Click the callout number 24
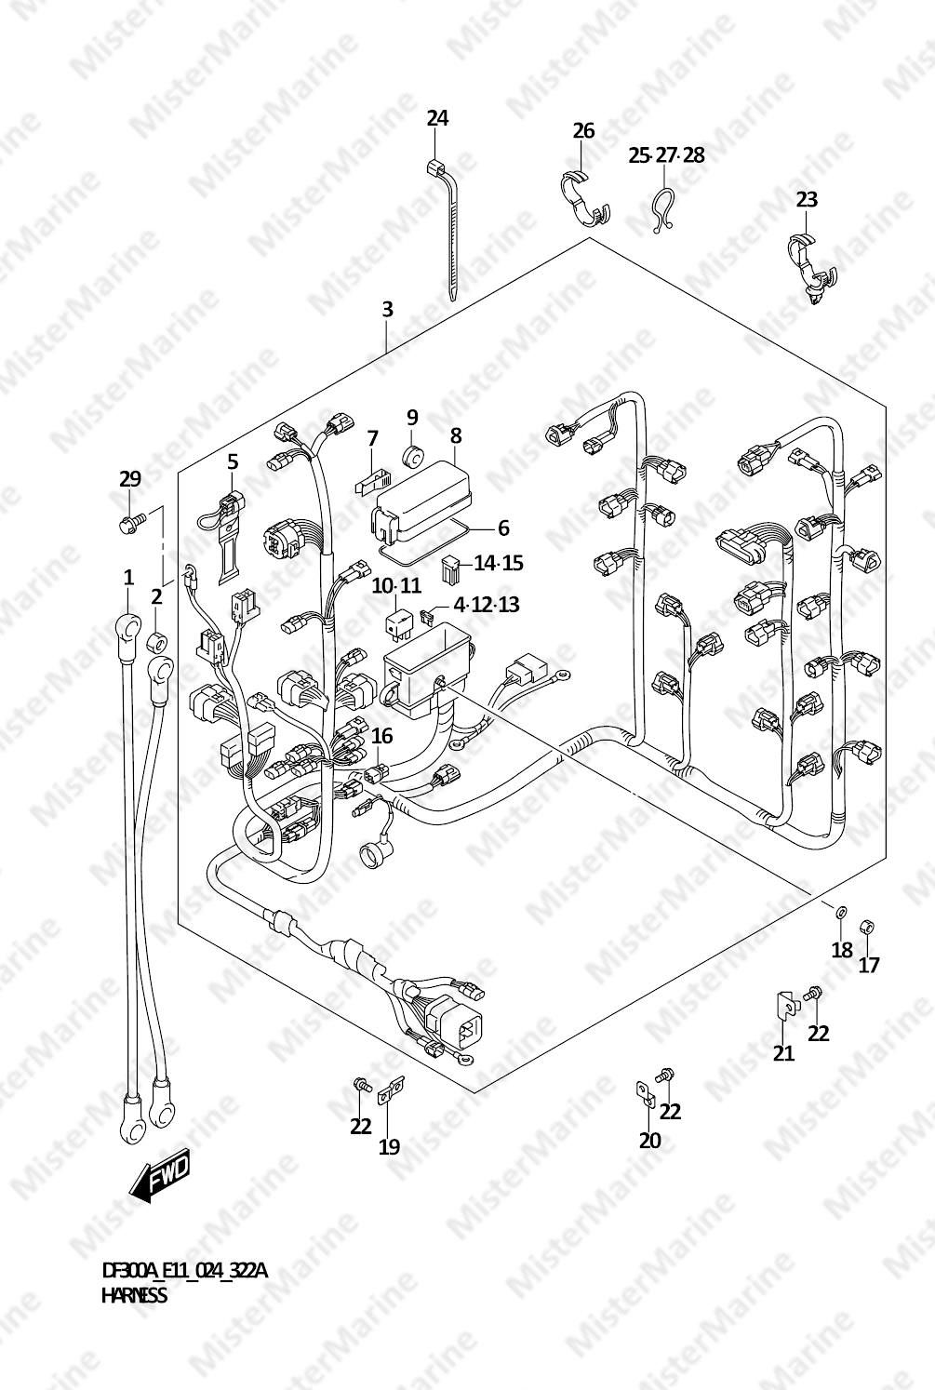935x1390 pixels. pyautogui.click(x=437, y=118)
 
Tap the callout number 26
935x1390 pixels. pyautogui.click(x=583, y=131)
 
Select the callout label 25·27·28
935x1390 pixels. pyautogui.click(x=666, y=155)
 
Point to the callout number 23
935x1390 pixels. pyautogui.click(x=807, y=200)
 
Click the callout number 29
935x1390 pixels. pyautogui.click(x=129, y=478)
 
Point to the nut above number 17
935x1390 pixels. pyautogui.click(x=867, y=927)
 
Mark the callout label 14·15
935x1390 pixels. pyautogui.click(x=499, y=564)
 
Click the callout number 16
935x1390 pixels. pyautogui.click(x=382, y=736)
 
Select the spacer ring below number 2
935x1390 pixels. pyautogui.click(x=156, y=642)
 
